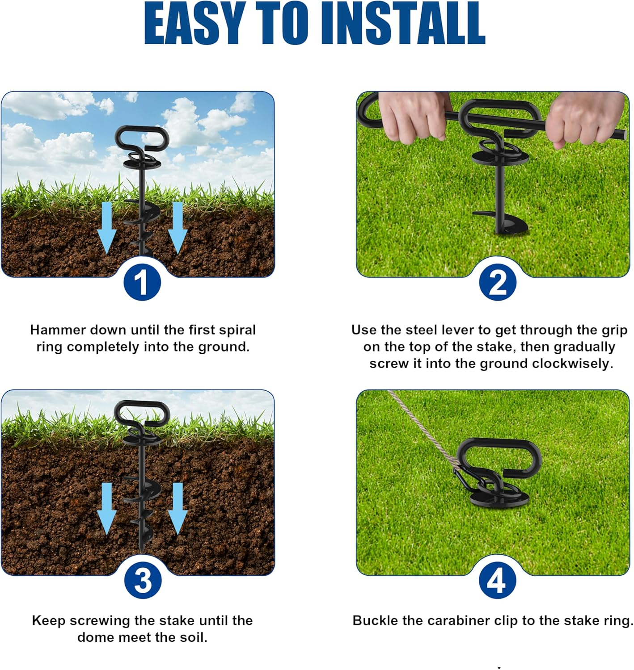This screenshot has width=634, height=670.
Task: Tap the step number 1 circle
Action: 142,282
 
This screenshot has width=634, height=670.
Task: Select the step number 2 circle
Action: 497,282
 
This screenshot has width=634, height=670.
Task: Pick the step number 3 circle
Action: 143,580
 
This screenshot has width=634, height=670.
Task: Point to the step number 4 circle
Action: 497,581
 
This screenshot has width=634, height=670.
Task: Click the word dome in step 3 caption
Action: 93,637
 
